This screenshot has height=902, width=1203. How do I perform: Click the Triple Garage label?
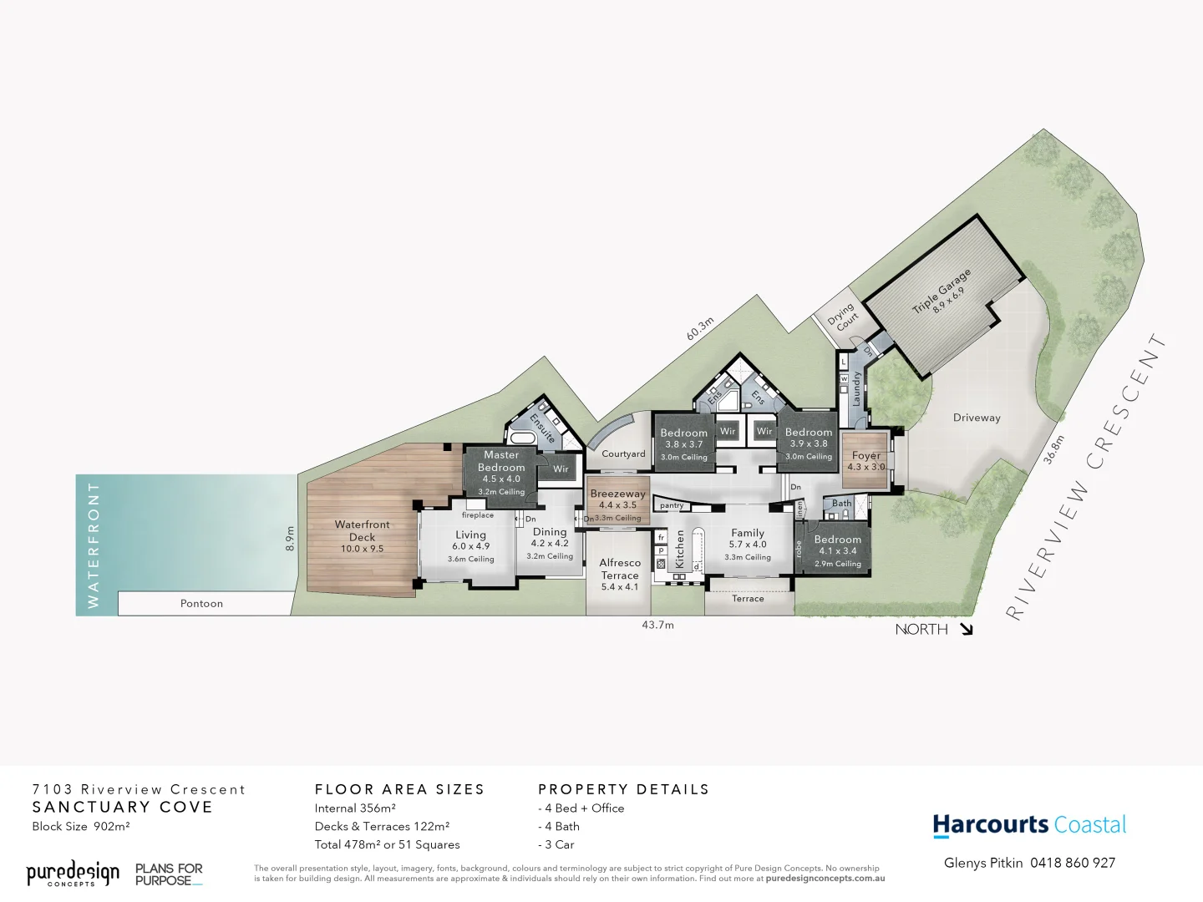point(942,291)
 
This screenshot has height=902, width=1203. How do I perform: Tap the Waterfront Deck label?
point(362,536)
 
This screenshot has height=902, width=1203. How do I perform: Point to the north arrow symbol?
point(967,630)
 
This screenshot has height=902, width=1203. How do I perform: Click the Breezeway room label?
point(617,499)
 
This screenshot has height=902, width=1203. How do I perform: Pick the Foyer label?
point(866,461)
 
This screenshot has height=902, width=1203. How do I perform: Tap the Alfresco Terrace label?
point(620,575)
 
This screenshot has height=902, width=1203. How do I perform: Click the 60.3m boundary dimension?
point(700,328)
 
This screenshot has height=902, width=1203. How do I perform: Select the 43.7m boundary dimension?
point(657,625)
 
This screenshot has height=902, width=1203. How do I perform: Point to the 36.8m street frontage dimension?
point(1053,448)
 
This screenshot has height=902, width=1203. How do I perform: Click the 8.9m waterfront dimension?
point(290,538)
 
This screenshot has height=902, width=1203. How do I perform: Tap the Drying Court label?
point(842,317)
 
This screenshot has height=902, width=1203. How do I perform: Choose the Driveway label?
point(976,418)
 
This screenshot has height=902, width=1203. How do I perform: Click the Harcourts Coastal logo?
point(1029,825)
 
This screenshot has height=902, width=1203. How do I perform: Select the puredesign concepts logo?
point(73,874)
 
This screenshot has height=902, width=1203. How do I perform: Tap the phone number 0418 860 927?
point(1073,863)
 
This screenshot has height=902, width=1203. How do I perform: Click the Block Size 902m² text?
point(81,826)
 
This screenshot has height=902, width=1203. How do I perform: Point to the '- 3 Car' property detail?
point(556,844)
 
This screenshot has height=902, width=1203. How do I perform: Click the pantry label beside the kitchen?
point(672,505)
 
